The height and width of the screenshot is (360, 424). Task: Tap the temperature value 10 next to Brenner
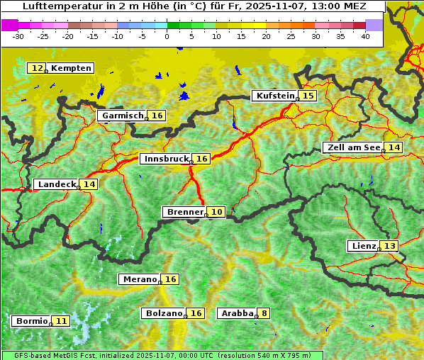pos(217,212)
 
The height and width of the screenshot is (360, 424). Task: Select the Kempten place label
pos(71,68)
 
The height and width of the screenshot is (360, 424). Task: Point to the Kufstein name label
pos(274,96)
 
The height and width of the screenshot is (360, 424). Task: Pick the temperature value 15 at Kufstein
pos(308,96)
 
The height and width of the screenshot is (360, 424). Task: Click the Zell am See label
pos(352,147)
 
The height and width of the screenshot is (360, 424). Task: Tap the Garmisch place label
pos(123,116)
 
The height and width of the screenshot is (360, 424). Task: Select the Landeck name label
pos(57,184)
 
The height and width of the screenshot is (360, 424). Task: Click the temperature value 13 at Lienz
pos(390,246)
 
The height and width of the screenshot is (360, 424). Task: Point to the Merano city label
pos(139,279)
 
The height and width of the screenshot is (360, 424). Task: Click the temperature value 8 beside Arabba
pos(264,313)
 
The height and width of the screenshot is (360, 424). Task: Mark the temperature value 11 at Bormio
pos(62,321)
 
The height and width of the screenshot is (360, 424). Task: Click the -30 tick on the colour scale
pos(18,35)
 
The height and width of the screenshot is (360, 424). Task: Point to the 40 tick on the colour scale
pos(365,35)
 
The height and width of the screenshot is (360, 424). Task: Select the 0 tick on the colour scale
pos(167,35)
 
